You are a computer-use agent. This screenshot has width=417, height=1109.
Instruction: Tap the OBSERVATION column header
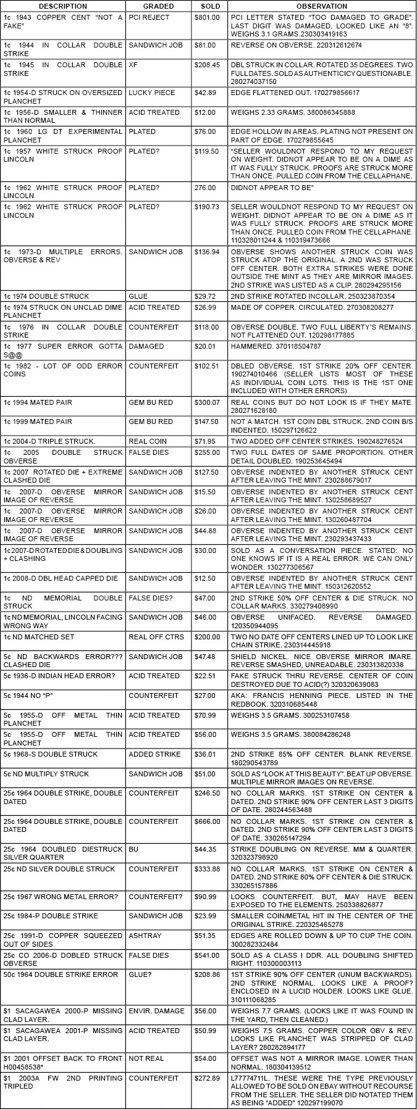click(321, 6)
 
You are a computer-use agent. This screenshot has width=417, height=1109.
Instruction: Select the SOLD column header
click(210, 6)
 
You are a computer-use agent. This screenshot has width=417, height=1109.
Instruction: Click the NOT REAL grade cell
click(146, 1058)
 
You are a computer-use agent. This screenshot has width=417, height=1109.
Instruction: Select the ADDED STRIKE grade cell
click(154, 754)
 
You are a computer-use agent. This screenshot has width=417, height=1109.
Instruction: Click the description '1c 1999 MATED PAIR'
click(38, 422)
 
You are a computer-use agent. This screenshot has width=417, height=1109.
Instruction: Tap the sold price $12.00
click(208, 112)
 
